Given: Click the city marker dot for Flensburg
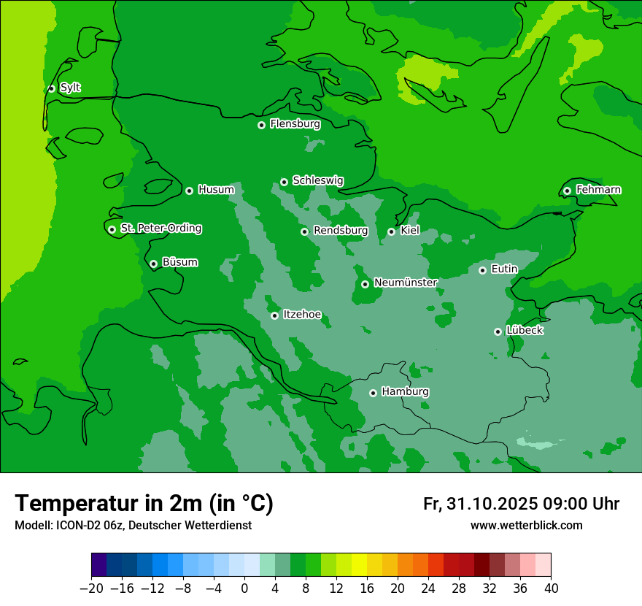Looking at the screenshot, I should pyautogui.click(x=261, y=125).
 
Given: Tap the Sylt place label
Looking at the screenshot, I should pyautogui.click(x=70, y=88).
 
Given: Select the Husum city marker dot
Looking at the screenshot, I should pyautogui.click(x=189, y=191).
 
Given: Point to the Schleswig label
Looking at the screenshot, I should pyautogui.click(x=317, y=180).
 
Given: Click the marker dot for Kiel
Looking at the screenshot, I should pyautogui.click(x=391, y=231).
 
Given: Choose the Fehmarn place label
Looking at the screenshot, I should pyautogui.click(x=598, y=190).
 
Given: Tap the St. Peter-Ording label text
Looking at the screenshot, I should pyautogui.click(x=160, y=229).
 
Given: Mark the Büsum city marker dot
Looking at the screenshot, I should pyautogui.click(x=153, y=264).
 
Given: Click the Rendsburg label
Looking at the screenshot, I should pyautogui.click(x=340, y=231).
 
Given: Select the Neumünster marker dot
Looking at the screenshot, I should pyautogui.click(x=365, y=284).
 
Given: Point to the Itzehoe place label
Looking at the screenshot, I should pyautogui.click(x=302, y=315).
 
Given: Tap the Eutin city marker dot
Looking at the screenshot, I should pyautogui.click(x=482, y=270).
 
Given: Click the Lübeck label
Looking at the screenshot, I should pyautogui.click(x=524, y=331).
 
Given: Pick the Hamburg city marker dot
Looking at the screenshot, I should pyautogui.click(x=373, y=393).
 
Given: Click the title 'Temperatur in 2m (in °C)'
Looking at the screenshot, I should pyautogui.click(x=144, y=503).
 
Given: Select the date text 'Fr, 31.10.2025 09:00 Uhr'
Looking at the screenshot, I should pyautogui.click(x=521, y=504).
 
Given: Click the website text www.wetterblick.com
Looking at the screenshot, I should pyautogui.click(x=526, y=525).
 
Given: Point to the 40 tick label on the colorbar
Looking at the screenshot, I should pyautogui.click(x=551, y=588).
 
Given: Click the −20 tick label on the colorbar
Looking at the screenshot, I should pyautogui.click(x=91, y=588).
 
